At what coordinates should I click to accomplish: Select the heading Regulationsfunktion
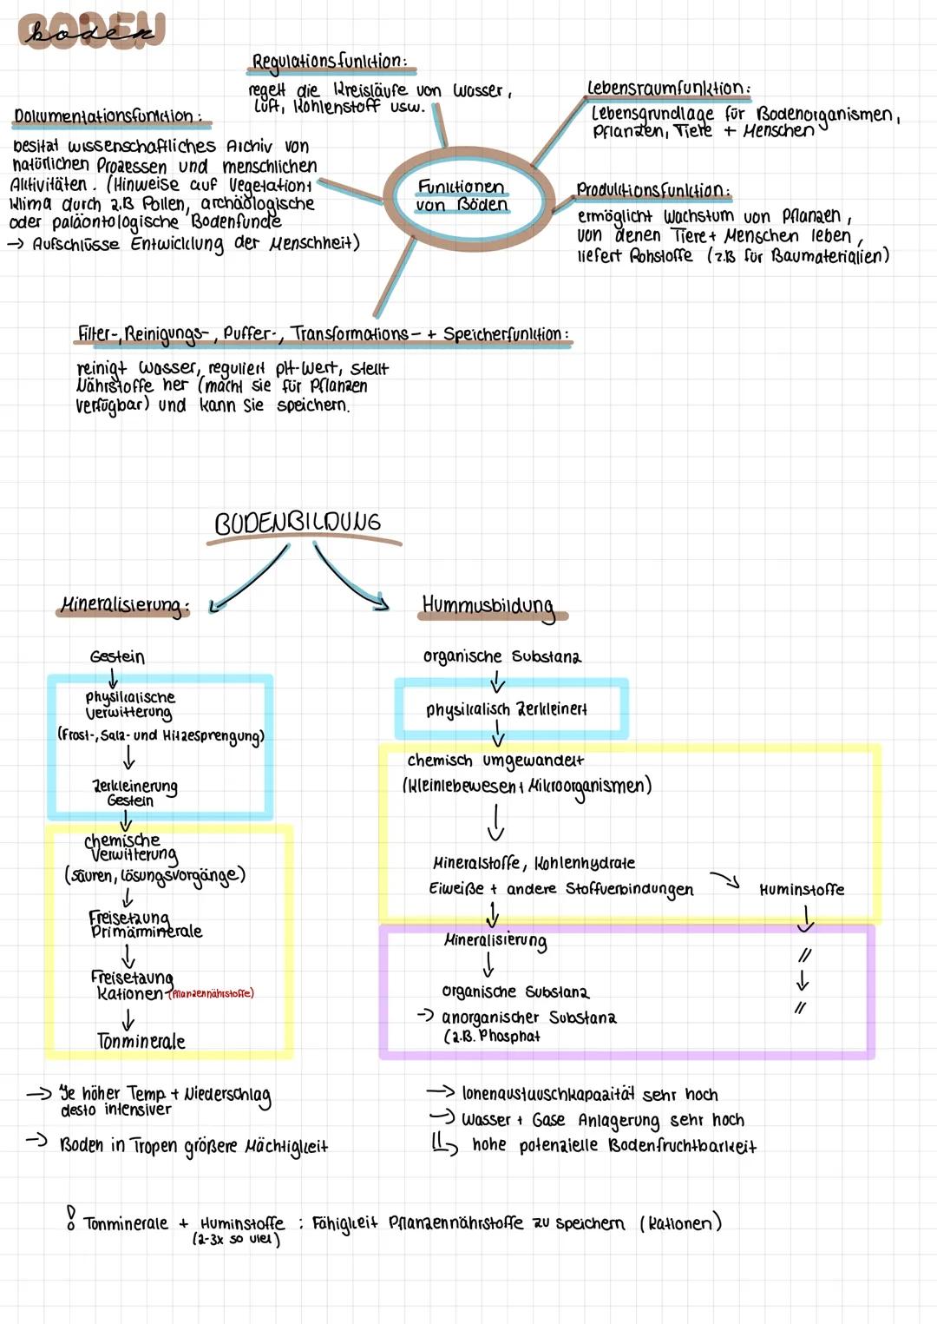point(328,62)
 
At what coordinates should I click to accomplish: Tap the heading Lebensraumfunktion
point(668,89)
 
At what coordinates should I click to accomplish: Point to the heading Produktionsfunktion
point(653,190)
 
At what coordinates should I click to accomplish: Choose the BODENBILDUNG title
point(298,523)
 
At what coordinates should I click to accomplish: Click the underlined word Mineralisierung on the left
point(122,605)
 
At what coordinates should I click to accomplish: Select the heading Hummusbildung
point(488,605)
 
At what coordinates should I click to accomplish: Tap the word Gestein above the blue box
point(117,657)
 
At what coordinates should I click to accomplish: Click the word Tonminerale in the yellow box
point(141,1041)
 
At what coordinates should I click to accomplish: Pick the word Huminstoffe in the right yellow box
point(801,890)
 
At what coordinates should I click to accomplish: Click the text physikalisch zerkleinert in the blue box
point(506,709)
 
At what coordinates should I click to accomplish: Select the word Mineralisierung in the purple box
point(495,940)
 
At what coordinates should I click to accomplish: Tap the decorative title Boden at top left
point(90,33)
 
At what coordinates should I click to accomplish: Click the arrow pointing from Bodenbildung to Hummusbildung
point(351,577)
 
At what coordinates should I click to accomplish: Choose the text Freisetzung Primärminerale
point(144,925)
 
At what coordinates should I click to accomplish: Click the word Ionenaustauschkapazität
point(547,1094)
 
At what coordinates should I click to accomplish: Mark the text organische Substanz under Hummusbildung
point(501,656)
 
